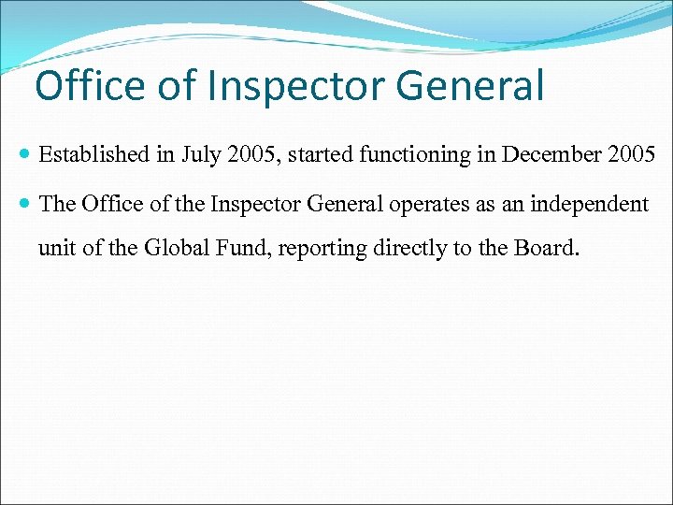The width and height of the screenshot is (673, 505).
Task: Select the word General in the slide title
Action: pyautogui.click(x=469, y=86)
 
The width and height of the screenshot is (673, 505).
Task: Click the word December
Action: pyautogui.click(x=550, y=154)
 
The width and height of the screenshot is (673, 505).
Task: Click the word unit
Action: pyautogui.click(x=54, y=250)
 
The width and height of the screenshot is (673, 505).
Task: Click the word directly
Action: pyautogui.click(x=408, y=250)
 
